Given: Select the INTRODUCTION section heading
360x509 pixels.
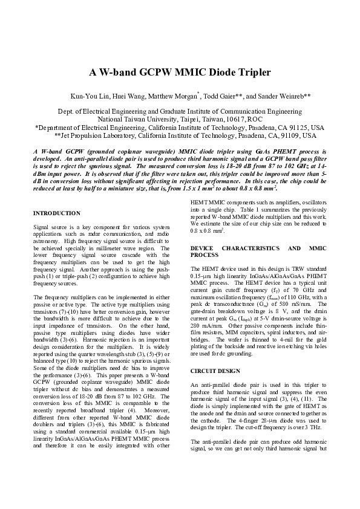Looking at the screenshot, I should [x=56, y=213].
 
